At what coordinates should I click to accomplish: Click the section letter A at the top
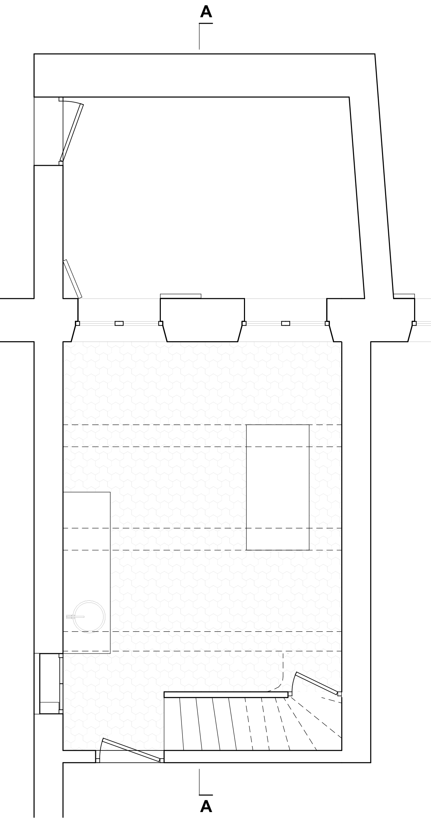click(206, 12)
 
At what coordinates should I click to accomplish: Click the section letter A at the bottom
click(206, 807)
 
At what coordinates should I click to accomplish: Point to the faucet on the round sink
click(75, 617)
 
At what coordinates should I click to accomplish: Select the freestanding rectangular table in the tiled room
click(277, 487)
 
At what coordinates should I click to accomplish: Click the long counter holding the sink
click(87, 573)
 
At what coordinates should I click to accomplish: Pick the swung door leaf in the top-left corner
click(72, 133)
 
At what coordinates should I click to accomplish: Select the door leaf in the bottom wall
click(131, 750)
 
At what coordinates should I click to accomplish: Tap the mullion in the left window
click(119, 323)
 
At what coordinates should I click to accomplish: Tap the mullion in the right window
click(286, 323)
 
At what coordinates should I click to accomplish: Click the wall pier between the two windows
click(202, 320)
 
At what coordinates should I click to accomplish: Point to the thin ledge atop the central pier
click(180, 296)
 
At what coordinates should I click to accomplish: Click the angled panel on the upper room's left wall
click(72, 279)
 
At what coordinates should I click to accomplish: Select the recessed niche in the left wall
click(50, 684)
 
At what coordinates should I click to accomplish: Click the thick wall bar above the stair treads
click(226, 695)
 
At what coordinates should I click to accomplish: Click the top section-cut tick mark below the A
click(199, 36)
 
